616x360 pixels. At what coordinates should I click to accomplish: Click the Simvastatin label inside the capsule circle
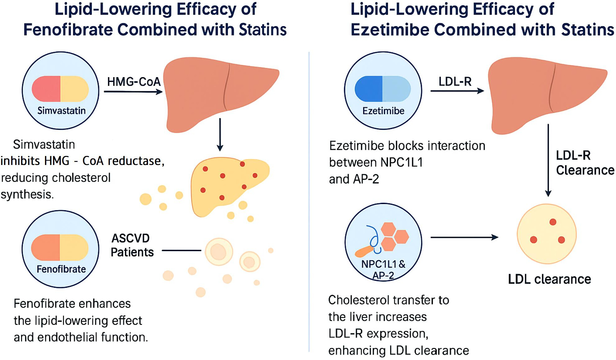point(61,111)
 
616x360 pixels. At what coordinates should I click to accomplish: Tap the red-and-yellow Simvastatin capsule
point(60,89)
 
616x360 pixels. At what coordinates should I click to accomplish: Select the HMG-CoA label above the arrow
point(134,82)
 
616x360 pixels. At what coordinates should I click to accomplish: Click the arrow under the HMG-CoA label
point(133,91)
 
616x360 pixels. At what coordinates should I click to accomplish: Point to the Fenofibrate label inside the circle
point(61,269)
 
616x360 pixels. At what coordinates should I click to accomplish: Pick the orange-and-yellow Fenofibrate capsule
point(60,247)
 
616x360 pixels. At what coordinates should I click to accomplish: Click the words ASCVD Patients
point(132,245)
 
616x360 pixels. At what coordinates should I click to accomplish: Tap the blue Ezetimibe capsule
point(383,89)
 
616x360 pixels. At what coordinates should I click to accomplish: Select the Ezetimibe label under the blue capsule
point(383,111)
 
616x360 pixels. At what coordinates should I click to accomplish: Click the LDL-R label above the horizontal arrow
point(455,82)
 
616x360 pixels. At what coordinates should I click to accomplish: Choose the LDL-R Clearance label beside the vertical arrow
point(585,163)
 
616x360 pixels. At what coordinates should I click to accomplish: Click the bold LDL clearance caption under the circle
point(549,279)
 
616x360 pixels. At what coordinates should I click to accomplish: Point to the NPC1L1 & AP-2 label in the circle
point(383,269)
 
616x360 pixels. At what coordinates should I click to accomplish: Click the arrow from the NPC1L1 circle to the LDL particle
point(464,238)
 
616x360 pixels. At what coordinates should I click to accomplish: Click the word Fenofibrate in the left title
point(68,30)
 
